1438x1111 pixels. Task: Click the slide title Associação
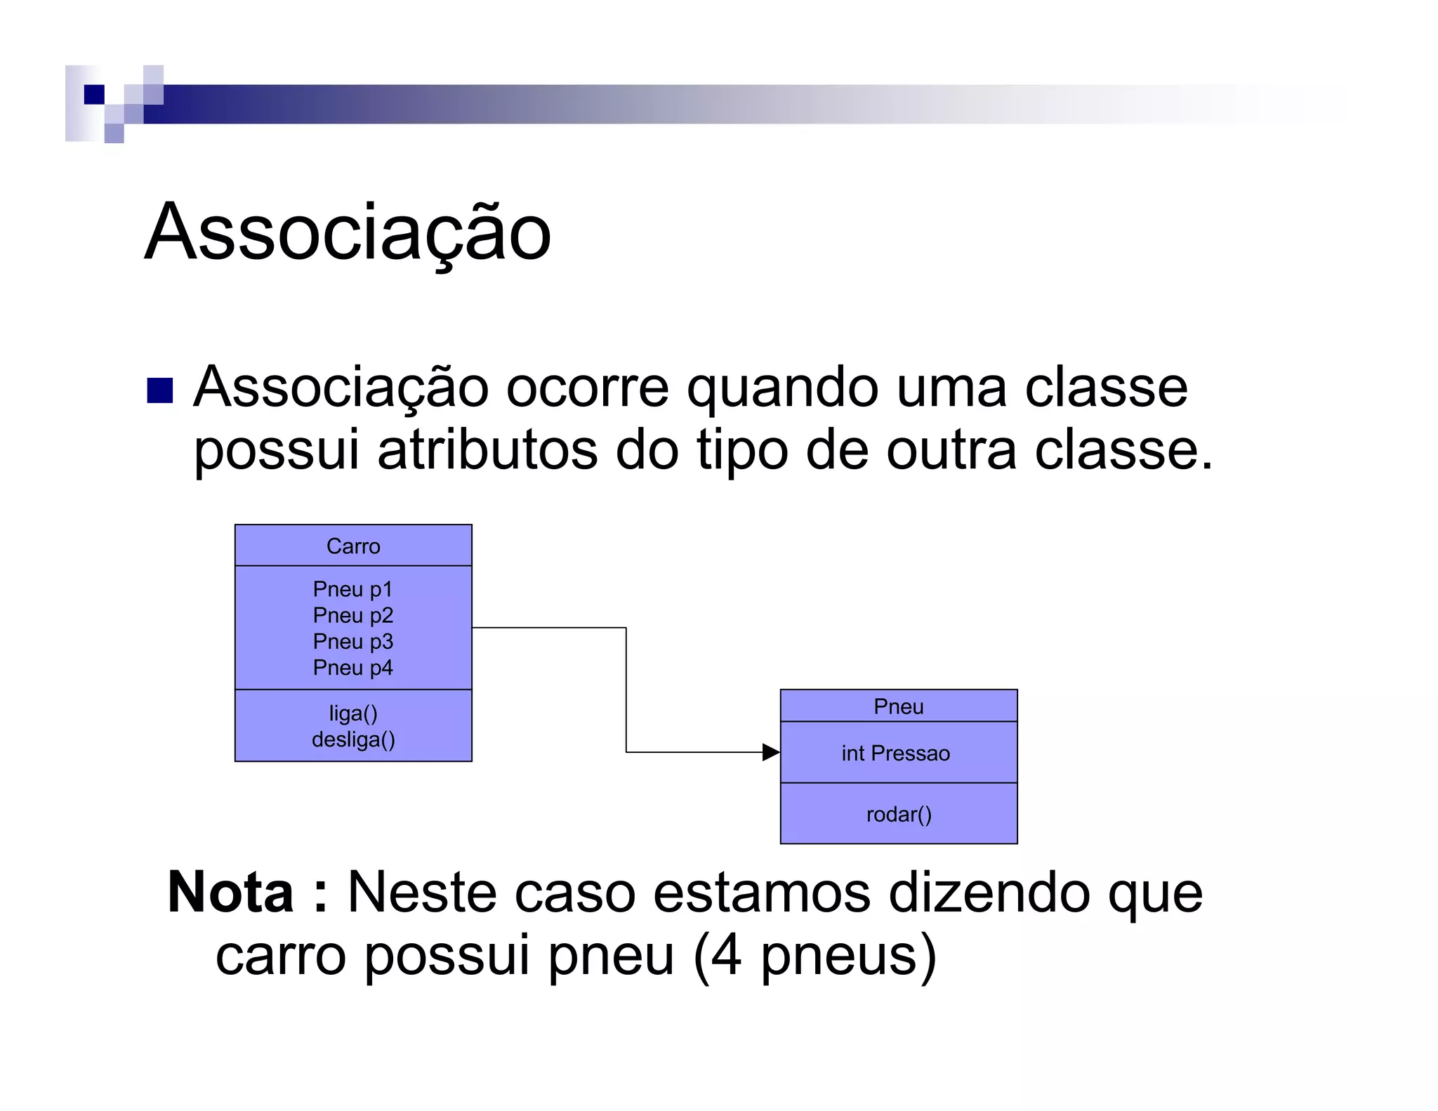[348, 232]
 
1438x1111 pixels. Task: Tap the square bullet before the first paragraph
[160, 390]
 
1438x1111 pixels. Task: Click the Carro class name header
[353, 546]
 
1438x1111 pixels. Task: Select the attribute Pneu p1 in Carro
[352, 589]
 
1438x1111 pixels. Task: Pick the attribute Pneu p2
[352, 615]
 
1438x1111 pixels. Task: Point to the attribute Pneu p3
[352, 641]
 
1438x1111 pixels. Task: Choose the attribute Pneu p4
[352, 667]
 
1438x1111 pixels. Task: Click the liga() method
[353, 714]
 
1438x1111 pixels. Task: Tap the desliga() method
[353, 739]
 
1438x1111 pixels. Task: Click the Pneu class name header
[898, 706]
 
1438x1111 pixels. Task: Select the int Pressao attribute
[895, 754]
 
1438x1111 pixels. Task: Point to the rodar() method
[899, 815]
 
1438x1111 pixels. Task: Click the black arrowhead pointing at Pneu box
[771, 752]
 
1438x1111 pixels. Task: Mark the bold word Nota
[230, 893]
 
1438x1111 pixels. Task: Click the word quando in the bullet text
[782, 388]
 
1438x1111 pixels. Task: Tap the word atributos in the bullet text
[487, 450]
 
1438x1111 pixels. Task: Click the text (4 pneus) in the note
[814, 955]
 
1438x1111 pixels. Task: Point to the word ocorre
[587, 388]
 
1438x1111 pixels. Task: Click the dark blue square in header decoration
[94, 94]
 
